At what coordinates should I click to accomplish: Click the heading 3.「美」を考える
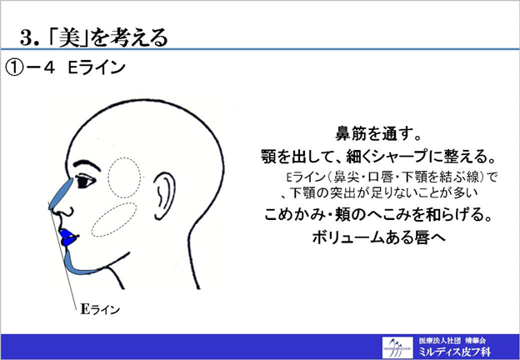(x=94, y=38)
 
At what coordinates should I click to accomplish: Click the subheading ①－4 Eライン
(x=66, y=67)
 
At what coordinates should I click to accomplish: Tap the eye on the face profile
(x=85, y=182)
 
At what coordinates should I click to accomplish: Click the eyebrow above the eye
(x=86, y=164)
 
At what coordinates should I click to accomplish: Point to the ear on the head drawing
(x=164, y=196)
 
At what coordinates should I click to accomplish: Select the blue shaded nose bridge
(x=62, y=194)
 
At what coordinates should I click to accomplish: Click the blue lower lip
(x=68, y=242)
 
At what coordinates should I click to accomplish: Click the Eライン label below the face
(x=100, y=309)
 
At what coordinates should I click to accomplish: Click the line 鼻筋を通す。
(x=378, y=133)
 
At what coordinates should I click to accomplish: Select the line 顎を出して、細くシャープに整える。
(x=378, y=157)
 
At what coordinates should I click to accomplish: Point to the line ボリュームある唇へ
(x=378, y=237)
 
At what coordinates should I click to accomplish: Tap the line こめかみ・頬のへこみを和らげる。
(x=378, y=215)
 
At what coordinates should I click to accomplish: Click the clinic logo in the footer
(x=397, y=347)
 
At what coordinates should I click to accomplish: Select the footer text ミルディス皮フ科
(x=454, y=352)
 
